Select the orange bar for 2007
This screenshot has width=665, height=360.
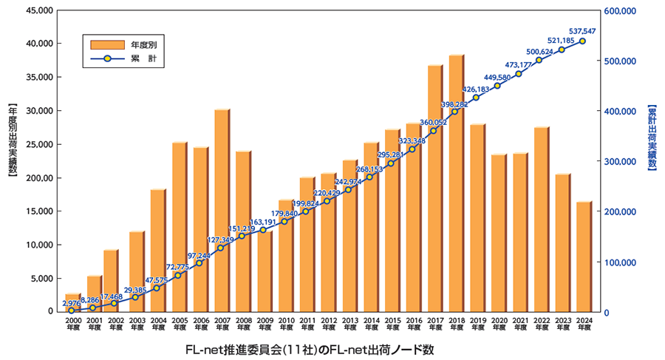coord(221,214)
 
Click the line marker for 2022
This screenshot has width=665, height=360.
coord(539,60)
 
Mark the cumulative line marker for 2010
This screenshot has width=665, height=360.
coord(284,221)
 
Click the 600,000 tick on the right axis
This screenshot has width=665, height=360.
coord(619,11)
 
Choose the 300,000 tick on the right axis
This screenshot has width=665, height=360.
coord(619,162)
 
